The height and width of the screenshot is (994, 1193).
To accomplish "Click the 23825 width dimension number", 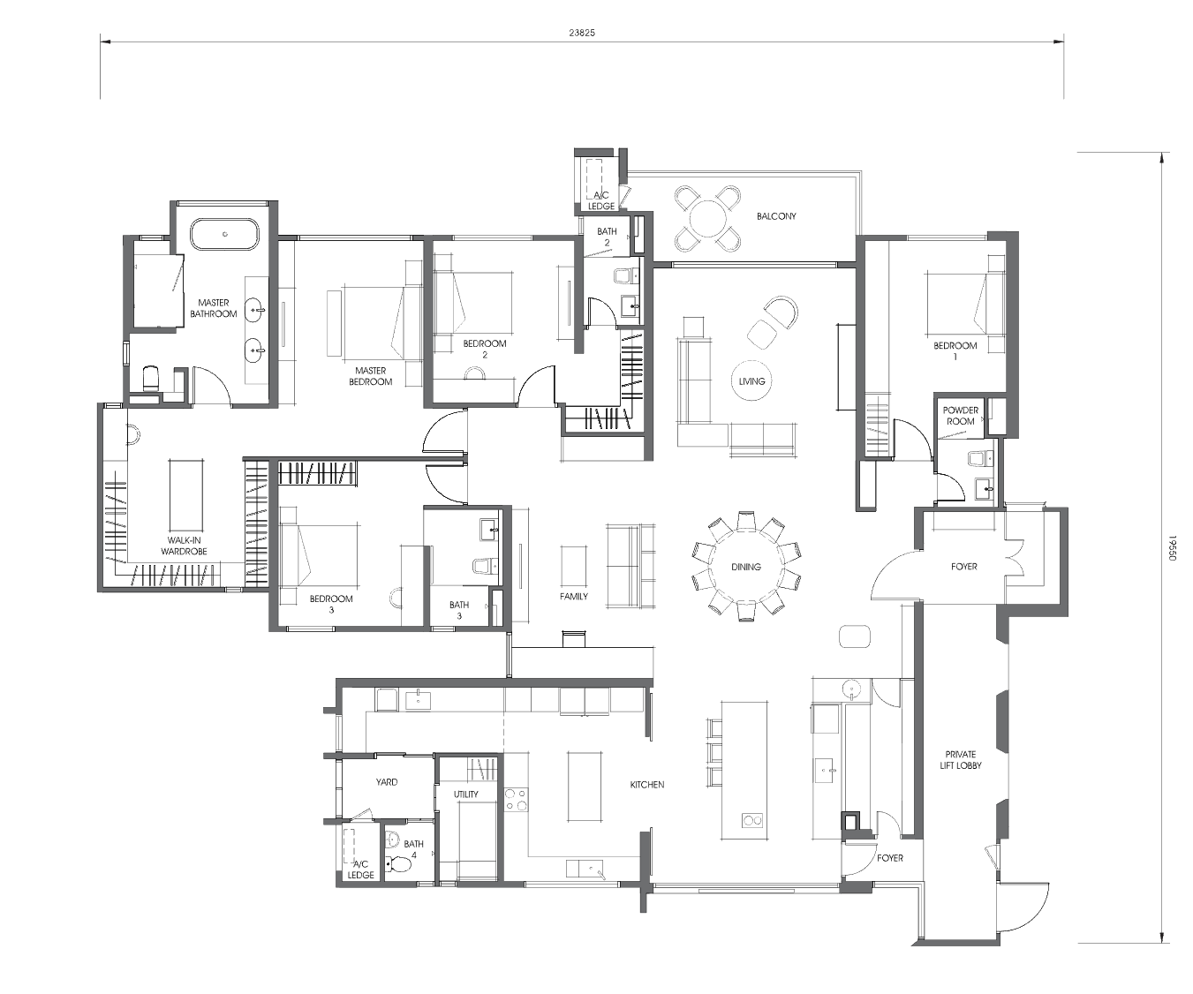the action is (x=582, y=34).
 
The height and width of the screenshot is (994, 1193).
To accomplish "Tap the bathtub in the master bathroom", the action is (x=224, y=234).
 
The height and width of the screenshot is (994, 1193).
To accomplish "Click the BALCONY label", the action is (x=776, y=216).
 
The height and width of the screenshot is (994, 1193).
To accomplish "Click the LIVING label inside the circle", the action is (x=751, y=381).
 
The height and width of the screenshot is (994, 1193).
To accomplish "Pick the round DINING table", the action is (x=746, y=567).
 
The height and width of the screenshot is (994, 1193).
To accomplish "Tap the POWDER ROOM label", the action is (x=961, y=415).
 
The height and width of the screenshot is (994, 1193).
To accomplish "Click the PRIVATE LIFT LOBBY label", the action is (x=961, y=759).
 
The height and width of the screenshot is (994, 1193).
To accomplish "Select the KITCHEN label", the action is (x=646, y=785).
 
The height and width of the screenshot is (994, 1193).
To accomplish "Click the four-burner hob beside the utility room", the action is (x=516, y=800).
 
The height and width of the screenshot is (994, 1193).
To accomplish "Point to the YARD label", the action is (x=387, y=781).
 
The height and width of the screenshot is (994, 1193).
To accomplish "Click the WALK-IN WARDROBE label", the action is (x=184, y=546).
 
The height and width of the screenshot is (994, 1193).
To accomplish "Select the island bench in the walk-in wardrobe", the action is (x=185, y=495).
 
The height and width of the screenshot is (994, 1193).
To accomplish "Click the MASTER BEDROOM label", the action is (x=370, y=376).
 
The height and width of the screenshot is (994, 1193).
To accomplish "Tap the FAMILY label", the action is (x=574, y=596).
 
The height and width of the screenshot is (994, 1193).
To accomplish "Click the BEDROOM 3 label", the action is (x=331, y=604).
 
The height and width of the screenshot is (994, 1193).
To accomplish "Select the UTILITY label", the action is (x=466, y=794).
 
